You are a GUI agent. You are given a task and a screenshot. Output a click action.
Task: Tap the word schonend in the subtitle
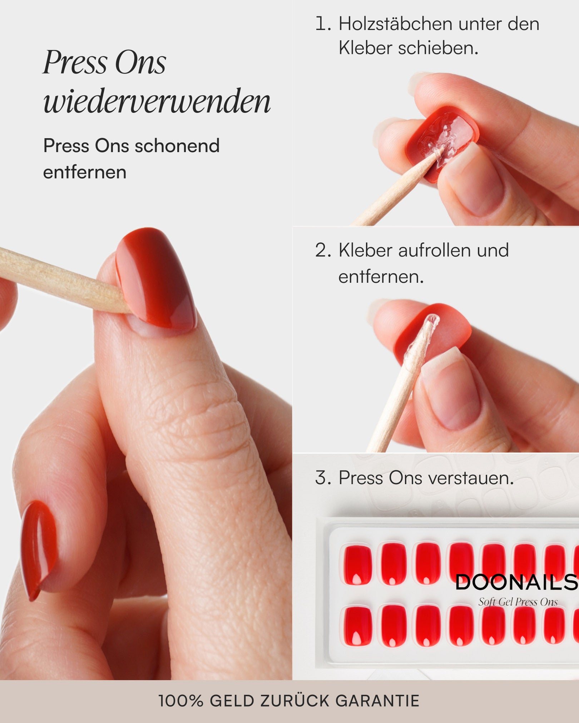point(177,146)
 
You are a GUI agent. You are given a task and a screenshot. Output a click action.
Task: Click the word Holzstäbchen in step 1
point(395,24)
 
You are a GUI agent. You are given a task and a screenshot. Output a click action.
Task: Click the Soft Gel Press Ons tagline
point(518,602)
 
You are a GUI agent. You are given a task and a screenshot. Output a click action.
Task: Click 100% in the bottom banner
point(181,701)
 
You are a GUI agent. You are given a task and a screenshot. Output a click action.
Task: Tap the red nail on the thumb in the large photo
point(157,278)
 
